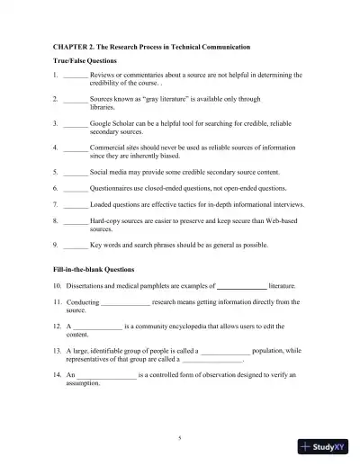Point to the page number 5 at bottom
(x=180, y=438)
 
